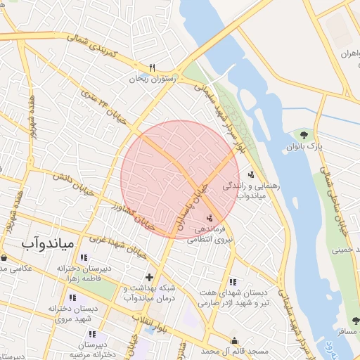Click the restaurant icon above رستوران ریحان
tap(151, 67)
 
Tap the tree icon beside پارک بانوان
tap(304, 134)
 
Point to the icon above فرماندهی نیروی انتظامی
tap(208, 218)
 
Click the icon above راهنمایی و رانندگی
tap(251, 174)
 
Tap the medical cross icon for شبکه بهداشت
tap(148, 277)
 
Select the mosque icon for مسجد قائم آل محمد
tap(234, 340)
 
